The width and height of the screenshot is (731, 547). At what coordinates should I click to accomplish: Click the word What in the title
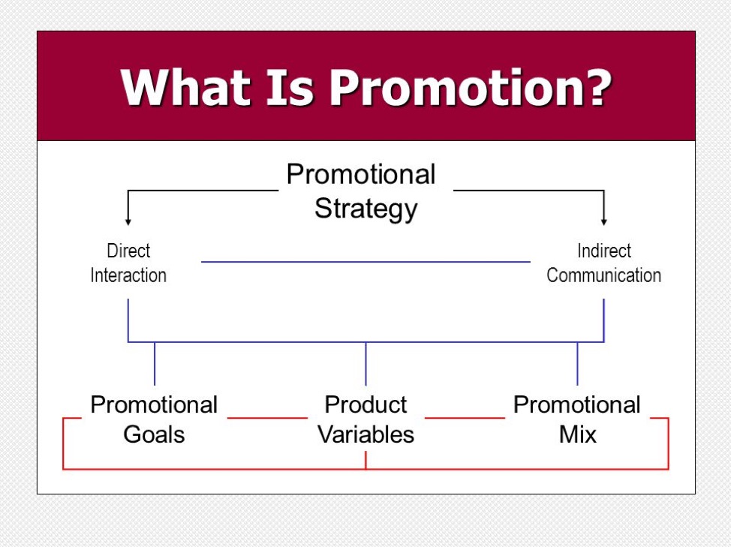point(185,88)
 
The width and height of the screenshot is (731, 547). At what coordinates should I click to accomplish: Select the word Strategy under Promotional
point(366,209)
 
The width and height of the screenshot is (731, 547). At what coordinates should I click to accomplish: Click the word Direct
point(128,251)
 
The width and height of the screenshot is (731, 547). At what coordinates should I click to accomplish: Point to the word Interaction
point(128,275)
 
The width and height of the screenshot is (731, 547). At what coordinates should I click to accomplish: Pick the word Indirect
point(604,251)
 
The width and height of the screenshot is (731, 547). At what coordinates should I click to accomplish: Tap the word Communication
point(604,275)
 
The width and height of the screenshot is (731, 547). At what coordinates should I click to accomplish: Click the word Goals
point(155,434)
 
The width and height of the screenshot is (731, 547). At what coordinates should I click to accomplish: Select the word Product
point(366,404)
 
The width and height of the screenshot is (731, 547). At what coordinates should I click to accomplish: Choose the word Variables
point(366,434)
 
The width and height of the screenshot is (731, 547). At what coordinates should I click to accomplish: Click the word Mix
point(578,434)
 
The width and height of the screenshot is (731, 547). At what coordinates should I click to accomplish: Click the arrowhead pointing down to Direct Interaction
point(128,222)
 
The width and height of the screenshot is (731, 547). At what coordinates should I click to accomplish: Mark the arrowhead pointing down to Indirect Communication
point(604,222)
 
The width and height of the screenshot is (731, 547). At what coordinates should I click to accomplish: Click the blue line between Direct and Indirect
point(366,262)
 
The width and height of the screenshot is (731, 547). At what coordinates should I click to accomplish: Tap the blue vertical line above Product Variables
point(366,364)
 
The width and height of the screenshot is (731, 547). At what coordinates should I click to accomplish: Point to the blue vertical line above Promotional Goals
point(155,364)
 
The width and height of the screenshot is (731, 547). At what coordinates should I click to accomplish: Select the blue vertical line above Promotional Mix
point(578,364)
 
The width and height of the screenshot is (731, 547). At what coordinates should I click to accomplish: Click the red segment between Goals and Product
point(268,418)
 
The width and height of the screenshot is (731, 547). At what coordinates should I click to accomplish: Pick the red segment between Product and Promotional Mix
point(465,418)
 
